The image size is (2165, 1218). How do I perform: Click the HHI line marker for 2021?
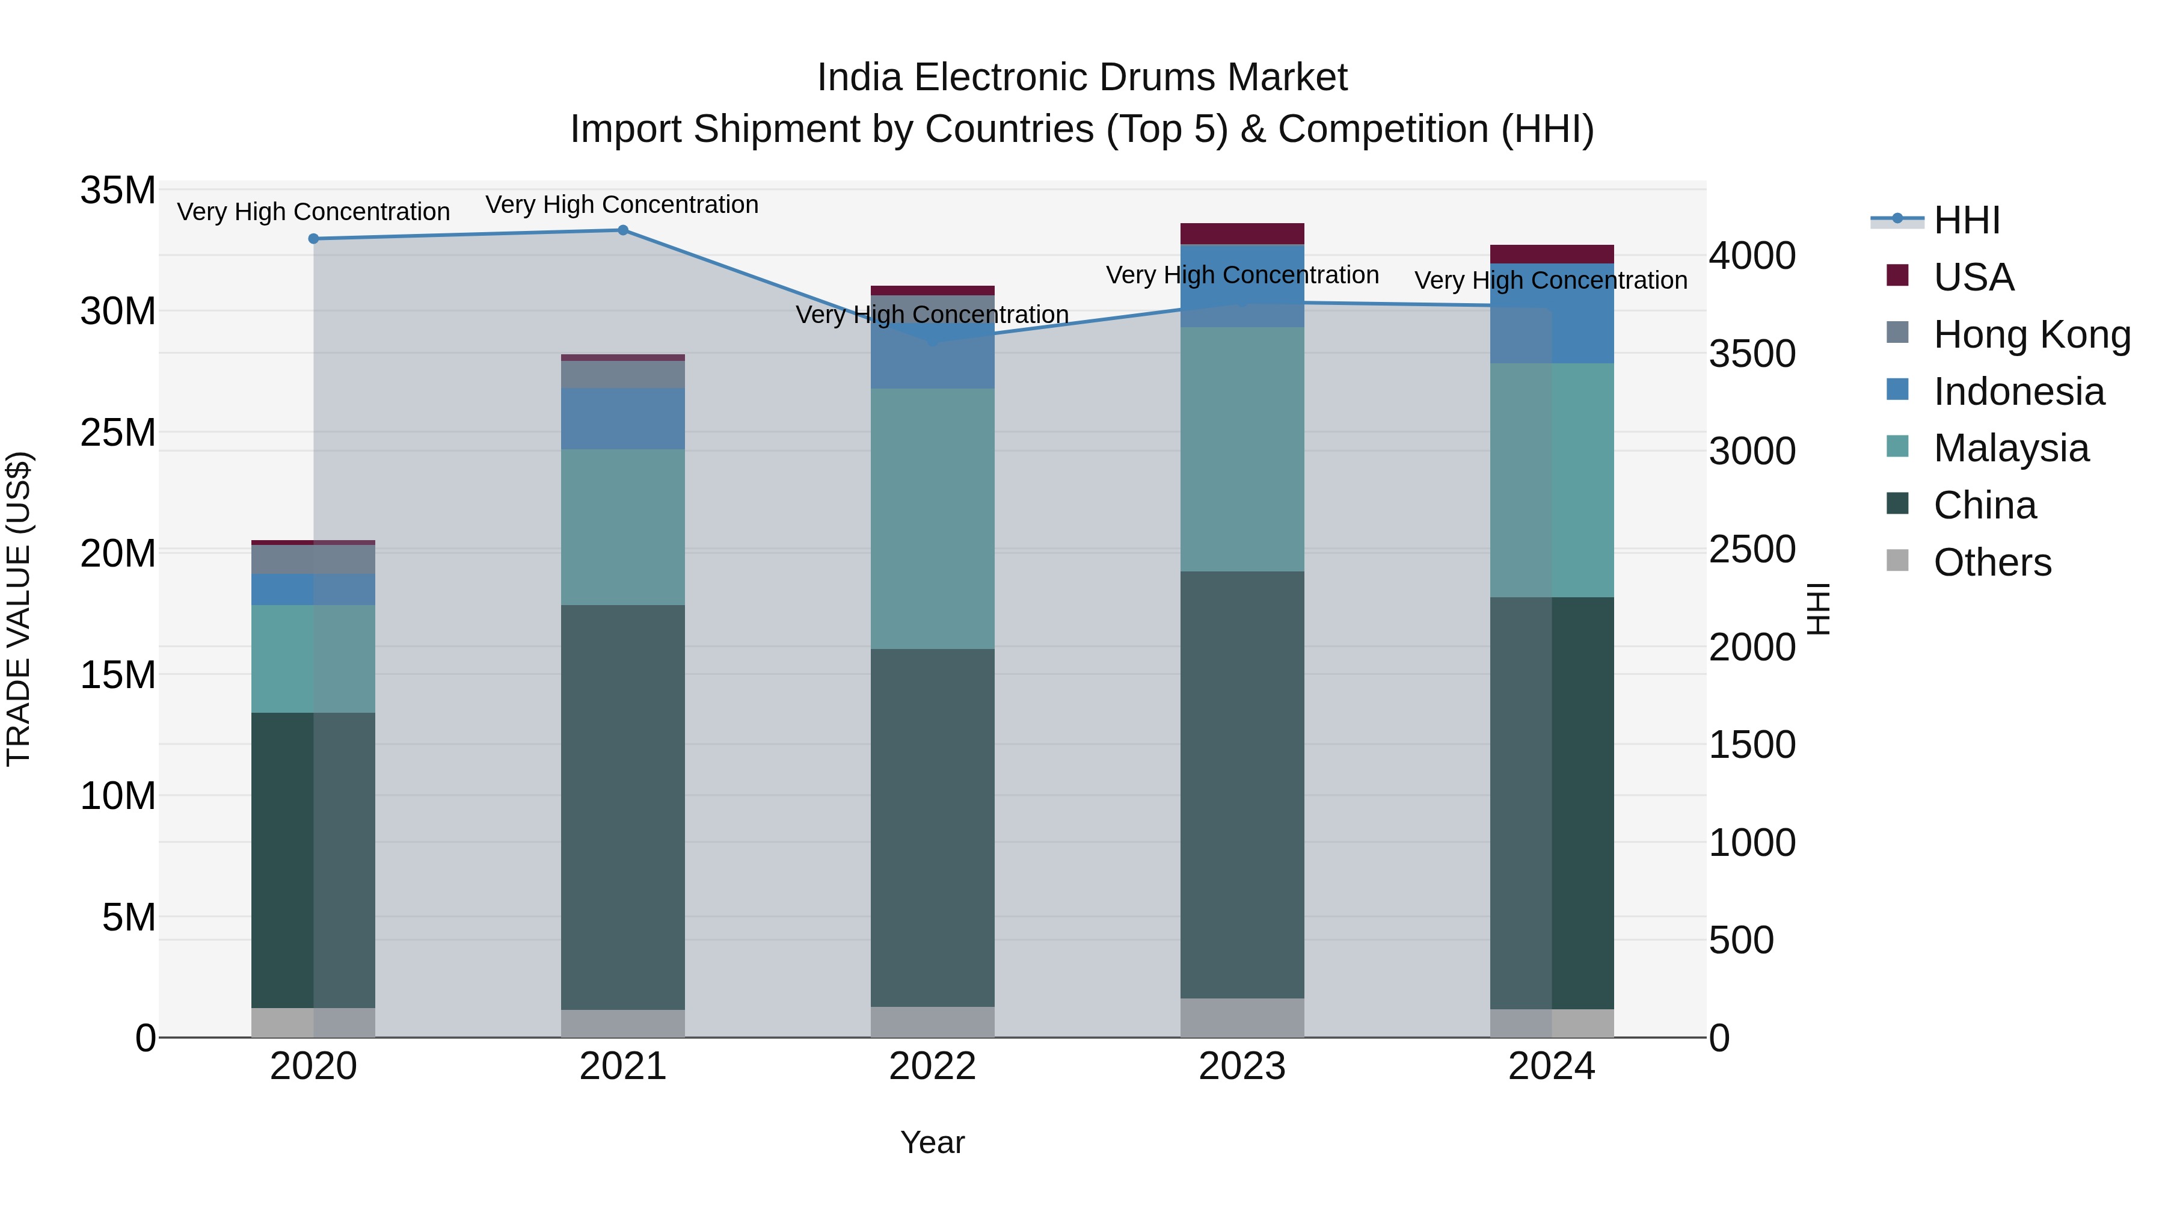click(623, 230)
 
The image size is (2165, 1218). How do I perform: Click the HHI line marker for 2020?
click(313, 239)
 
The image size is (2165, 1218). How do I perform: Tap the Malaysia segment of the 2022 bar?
click(932, 518)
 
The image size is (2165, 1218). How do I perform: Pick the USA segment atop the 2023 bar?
click(1242, 234)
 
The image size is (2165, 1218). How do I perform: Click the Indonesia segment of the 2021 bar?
click(623, 419)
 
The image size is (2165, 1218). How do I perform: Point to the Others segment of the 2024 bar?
click(1552, 1023)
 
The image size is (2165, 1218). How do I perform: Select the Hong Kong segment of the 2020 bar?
click(313, 559)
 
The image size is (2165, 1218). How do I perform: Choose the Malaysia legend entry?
click(2010, 448)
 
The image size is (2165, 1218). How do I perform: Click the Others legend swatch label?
click(1992, 562)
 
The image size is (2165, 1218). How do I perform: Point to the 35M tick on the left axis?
click(118, 191)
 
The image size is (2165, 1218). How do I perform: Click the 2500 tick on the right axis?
click(1752, 550)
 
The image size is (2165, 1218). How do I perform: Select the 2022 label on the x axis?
click(932, 1066)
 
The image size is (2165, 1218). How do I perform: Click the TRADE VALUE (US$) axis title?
click(19, 609)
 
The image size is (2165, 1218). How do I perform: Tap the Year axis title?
click(932, 1142)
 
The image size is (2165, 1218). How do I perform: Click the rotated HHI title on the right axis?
click(1818, 609)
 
